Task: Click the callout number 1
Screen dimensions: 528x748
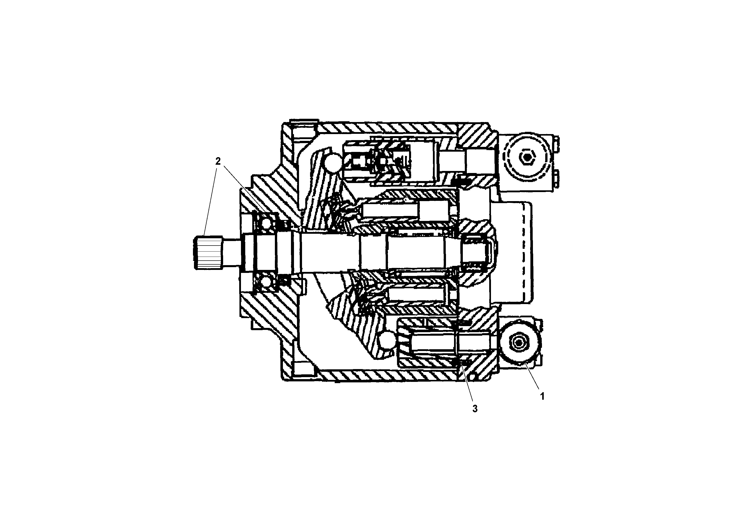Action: click(x=542, y=396)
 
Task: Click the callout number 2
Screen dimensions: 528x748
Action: click(x=218, y=161)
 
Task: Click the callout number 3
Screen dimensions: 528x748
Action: click(x=475, y=409)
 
